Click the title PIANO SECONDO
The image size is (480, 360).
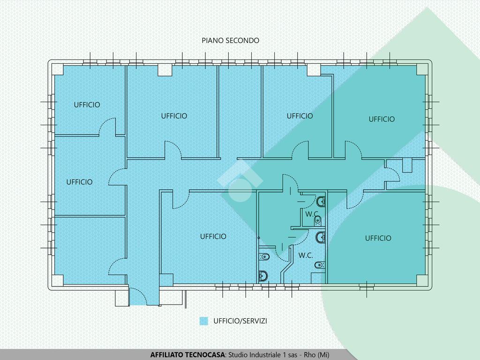tap(230, 40)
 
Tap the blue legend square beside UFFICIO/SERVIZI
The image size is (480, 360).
tap(203, 321)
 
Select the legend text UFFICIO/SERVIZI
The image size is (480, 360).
tap(240, 321)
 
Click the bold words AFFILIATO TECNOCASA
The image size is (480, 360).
tap(187, 355)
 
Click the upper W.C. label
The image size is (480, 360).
tap(312, 214)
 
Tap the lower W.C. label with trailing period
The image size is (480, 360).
tap(306, 255)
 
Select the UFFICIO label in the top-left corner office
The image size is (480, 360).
tap(87, 105)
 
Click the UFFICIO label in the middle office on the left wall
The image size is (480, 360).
tap(79, 182)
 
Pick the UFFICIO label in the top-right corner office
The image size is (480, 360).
tap(382, 119)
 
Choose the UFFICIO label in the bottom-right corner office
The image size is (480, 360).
tap(378, 238)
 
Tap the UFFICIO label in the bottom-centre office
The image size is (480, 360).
tap(213, 236)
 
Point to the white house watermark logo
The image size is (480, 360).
tap(240, 180)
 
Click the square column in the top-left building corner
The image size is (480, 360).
tap(57, 69)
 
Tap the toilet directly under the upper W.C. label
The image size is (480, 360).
tap(318, 220)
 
